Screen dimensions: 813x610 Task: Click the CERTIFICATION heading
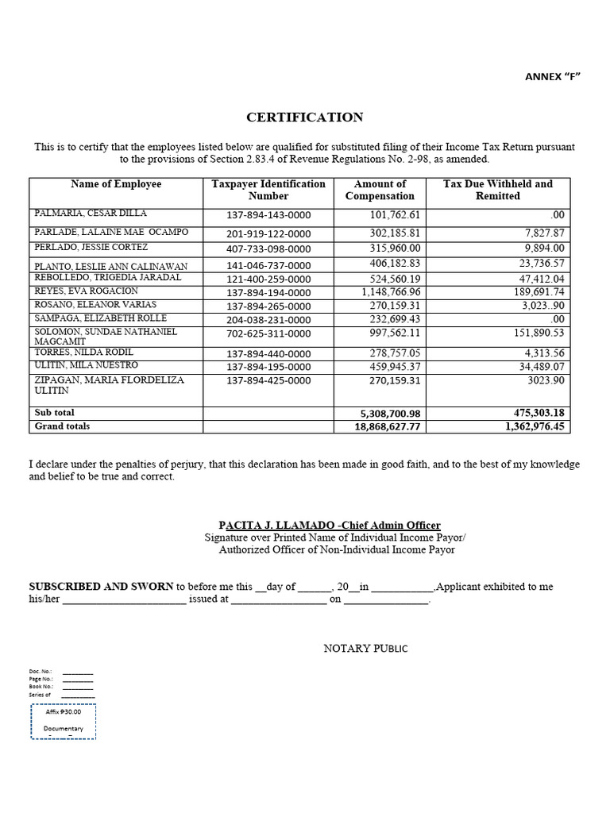(x=304, y=118)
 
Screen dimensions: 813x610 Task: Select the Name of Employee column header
(x=116, y=184)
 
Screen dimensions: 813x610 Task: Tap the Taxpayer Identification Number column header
(x=268, y=190)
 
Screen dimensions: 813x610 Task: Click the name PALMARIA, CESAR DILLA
(x=90, y=214)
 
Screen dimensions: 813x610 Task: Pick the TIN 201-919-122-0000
(x=268, y=233)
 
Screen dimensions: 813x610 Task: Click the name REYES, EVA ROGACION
(x=85, y=291)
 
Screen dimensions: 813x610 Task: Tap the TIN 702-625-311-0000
(x=268, y=334)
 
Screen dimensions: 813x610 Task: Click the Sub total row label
(x=54, y=413)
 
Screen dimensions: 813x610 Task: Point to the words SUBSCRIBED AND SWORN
(x=101, y=587)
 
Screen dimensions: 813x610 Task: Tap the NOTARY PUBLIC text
(x=365, y=649)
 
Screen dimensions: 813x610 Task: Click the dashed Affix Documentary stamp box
(x=64, y=721)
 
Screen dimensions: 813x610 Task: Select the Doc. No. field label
(x=41, y=671)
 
